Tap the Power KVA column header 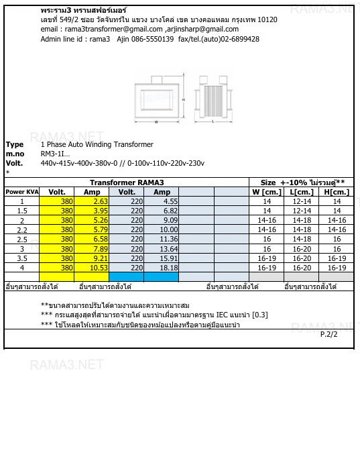click(x=22, y=192)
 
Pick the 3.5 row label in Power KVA click(x=22, y=258)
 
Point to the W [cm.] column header click(x=266, y=192)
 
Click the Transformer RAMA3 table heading click(x=127, y=182)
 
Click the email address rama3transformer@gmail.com click(x=111, y=30)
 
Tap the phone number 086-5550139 click(x=145, y=39)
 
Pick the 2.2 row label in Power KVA click(x=22, y=229)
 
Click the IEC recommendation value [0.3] click(x=260, y=315)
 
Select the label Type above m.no click(x=14, y=144)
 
